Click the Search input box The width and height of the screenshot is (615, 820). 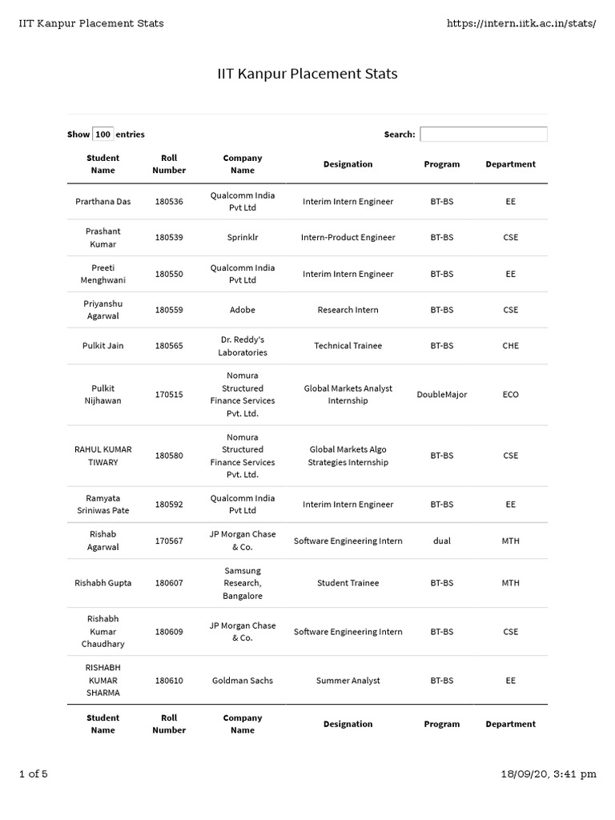click(484, 135)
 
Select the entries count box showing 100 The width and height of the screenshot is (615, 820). click(103, 135)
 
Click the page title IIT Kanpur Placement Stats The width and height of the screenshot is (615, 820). click(307, 74)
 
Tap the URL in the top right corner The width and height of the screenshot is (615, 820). click(521, 23)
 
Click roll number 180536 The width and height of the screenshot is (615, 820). click(169, 202)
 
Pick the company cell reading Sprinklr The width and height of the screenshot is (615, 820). click(243, 238)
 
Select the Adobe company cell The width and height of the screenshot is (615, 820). click(243, 310)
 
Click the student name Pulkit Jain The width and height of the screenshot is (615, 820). click(103, 346)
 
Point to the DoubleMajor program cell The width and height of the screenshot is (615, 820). click(441, 395)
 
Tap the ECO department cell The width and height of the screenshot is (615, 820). click(511, 395)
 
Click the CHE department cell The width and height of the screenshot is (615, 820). click(511, 346)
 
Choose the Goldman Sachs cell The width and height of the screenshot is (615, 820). click(243, 681)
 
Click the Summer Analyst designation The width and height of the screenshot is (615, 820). click(348, 681)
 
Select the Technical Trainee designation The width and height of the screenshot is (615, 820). click(348, 346)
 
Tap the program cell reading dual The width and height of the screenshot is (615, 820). click(441, 541)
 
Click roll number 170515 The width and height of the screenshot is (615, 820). click(169, 395)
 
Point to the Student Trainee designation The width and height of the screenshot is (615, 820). click(348, 583)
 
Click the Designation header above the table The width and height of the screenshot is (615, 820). click(348, 164)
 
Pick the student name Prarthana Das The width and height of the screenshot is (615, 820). click(103, 202)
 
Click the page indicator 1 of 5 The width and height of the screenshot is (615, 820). click(34, 774)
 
